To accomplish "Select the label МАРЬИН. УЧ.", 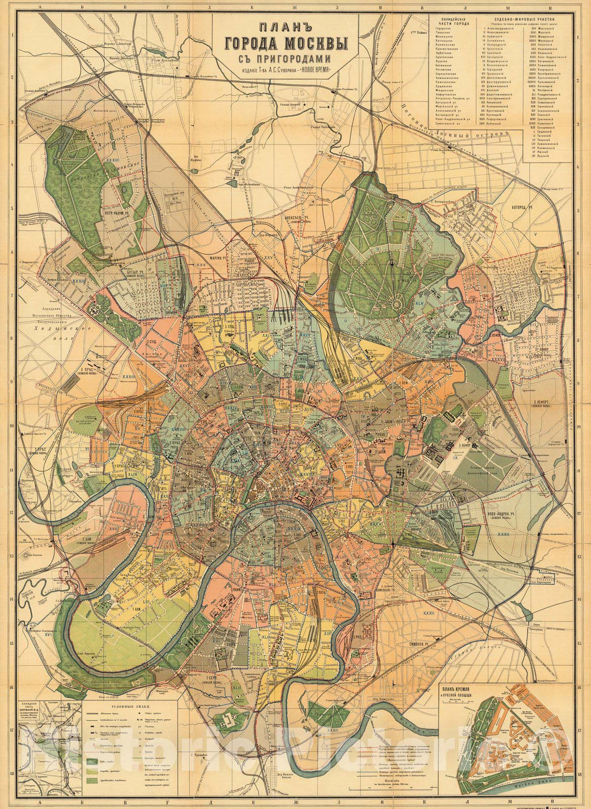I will (x=217, y=259).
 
